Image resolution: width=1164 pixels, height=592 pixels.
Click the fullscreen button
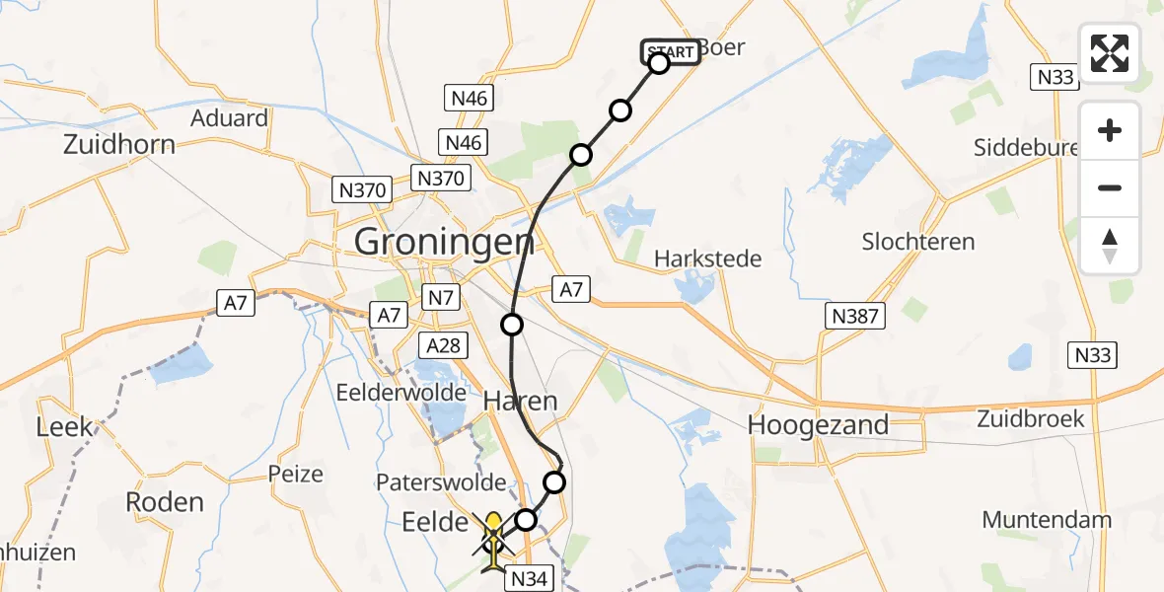pyautogui.click(x=1110, y=52)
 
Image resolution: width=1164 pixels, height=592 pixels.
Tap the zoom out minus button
pyautogui.click(x=1110, y=187)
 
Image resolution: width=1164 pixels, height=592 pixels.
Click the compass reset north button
pyautogui.click(x=1110, y=246)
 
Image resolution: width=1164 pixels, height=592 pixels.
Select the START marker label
pyautogui.click(x=671, y=51)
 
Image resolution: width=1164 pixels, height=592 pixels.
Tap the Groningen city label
pyautogui.click(x=444, y=241)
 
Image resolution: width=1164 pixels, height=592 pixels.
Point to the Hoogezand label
pyautogui.click(x=818, y=425)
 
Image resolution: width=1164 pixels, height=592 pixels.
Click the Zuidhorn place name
pyautogui.click(x=118, y=145)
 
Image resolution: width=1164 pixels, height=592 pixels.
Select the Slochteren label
pyautogui.click(x=917, y=242)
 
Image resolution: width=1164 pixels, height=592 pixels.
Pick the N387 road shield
pyautogui.click(x=855, y=316)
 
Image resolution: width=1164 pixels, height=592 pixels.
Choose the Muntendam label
pyautogui.click(x=1047, y=520)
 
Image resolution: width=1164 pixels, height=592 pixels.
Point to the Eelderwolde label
pyautogui.click(x=400, y=392)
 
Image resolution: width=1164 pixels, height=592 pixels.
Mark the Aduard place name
pyautogui.click(x=230, y=118)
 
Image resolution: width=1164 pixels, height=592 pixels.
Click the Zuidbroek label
pyautogui.click(x=1031, y=418)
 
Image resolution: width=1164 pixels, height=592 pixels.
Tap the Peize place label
pyautogui.click(x=296, y=474)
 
